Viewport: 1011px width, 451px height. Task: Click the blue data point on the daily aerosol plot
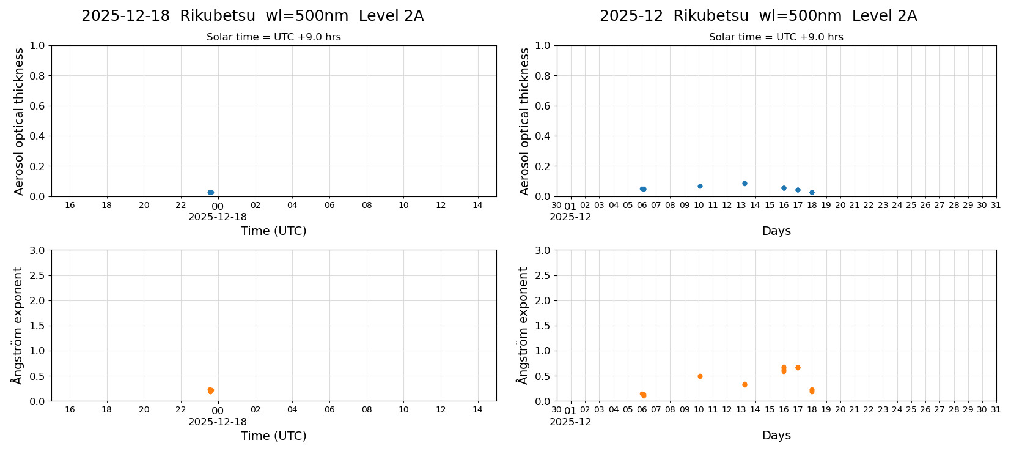pos(210,192)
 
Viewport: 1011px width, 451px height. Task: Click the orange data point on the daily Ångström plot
pos(210,390)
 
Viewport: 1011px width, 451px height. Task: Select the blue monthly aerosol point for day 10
pos(700,186)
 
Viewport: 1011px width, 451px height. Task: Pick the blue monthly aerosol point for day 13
pos(744,183)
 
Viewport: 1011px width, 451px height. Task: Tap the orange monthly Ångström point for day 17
pos(798,368)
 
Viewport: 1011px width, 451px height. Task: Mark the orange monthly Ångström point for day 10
pos(700,376)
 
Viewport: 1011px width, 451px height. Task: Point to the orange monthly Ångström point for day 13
pos(744,384)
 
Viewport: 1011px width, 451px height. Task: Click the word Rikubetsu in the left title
pos(218,17)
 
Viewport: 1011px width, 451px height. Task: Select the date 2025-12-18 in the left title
pos(125,17)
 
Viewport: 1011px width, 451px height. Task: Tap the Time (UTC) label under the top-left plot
pos(273,231)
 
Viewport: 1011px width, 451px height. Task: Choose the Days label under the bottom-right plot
pos(776,436)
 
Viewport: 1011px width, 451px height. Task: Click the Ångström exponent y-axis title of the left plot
pos(18,326)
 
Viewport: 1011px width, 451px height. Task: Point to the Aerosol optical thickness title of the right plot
pos(524,121)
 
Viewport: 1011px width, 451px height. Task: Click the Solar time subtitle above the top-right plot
pos(776,37)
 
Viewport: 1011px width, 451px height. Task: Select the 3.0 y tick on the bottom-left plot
pos(37,250)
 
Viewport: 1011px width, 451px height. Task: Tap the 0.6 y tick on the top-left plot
pos(37,106)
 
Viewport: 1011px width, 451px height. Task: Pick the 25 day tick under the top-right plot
pos(911,206)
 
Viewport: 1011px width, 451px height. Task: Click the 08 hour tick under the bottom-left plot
pos(367,410)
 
